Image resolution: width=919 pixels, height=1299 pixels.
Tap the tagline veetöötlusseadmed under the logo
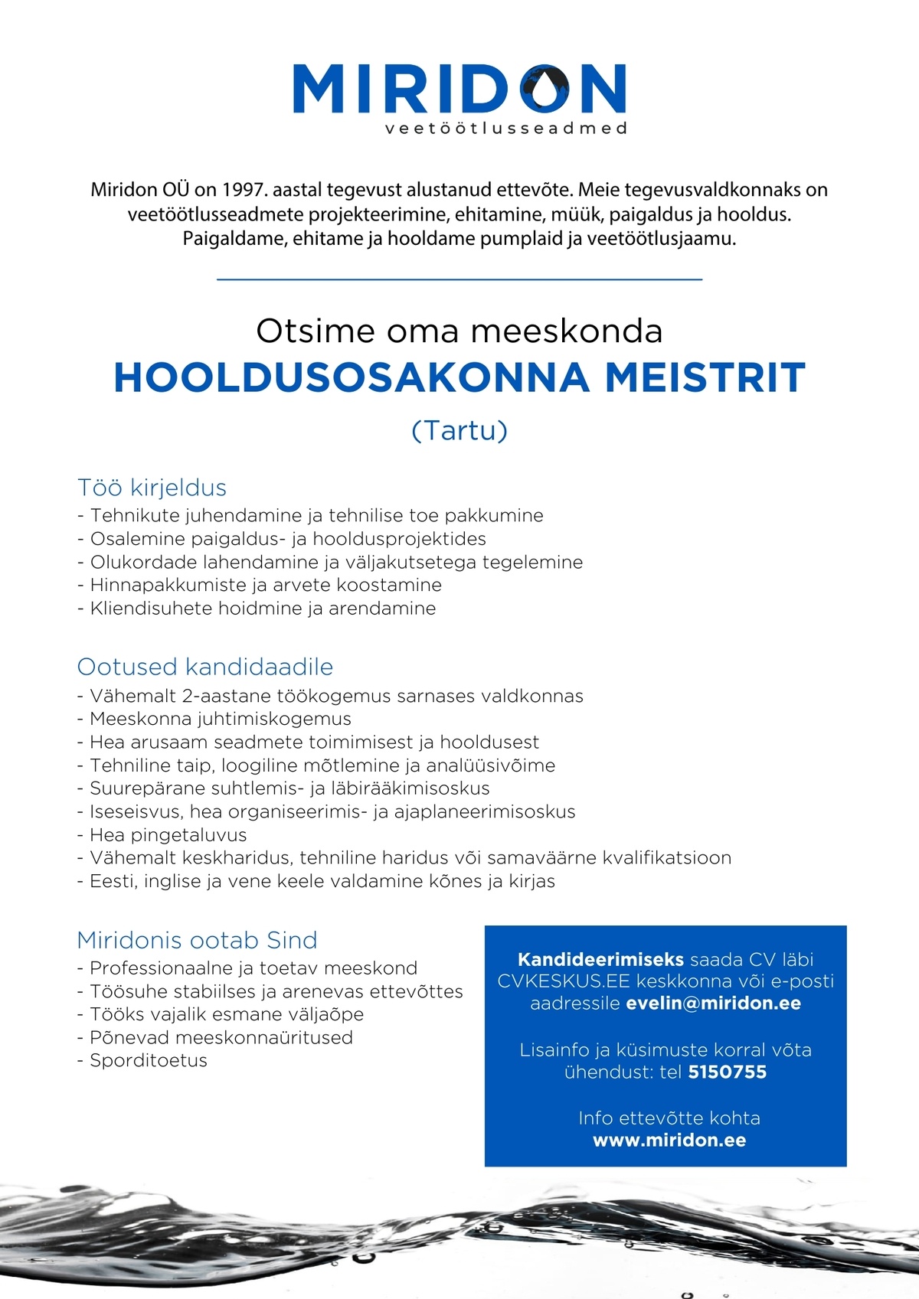pyautogui.click(x=505, y=129)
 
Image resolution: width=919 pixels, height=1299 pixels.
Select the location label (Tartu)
pyautogui.click(x=459, y=430)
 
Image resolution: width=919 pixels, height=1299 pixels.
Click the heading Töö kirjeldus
pyautogui.click(x=152, y=488)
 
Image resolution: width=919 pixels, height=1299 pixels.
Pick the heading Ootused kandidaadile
pyautogui.click(x=205, y=667)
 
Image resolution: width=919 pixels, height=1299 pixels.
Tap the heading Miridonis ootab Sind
pyautogui.click(x=197, y=940)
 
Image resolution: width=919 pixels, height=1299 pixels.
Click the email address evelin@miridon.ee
pyautogui.click(x=713, y=1004)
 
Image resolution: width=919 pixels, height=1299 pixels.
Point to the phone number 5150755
pyautogui.click(x=727, y=1072)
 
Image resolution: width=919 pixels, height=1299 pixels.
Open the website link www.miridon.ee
pyautogui.click(x=669, y=1141)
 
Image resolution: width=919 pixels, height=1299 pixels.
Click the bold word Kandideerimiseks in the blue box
pyautogui.click(x=600, y=960)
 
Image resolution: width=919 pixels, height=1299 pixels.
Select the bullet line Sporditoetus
pyautogui.click(x=149, y=1061)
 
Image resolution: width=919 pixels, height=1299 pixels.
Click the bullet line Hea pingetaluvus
pyautogui.click(x=168, y=835)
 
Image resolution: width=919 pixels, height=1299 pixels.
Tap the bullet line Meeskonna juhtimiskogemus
pyautogui.click(x=221, y=719)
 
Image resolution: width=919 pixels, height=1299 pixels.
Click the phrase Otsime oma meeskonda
pyautogui.click(x=459, y=331)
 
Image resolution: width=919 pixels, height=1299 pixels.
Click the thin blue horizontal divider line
pyautogui.click(x=459, y=280)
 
